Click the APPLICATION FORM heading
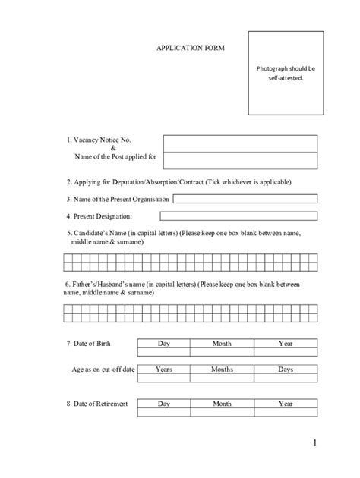tap(191, 47)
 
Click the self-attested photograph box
tap(286, 73)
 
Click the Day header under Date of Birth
tap(163, 344)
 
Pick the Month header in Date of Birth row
tap(222, 344)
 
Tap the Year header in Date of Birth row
tap(285, 344)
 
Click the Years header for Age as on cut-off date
tap(163, 369)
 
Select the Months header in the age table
tap(222, 369)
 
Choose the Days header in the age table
tap(285, 369)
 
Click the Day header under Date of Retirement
tap(163, 404)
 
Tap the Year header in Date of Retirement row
tap(285, 404)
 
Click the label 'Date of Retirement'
tap(100, 404)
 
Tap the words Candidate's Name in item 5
tap(99, 233)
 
